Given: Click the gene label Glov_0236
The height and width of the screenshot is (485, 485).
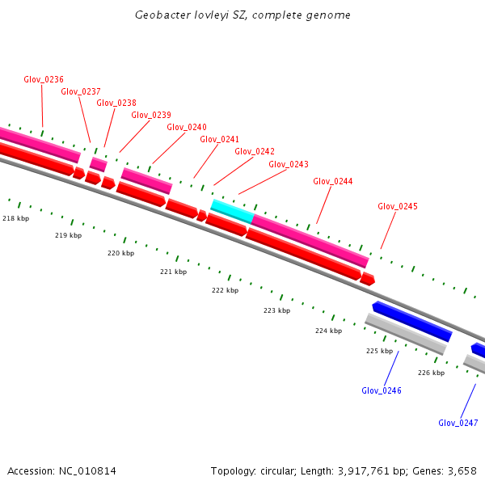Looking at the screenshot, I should [x=44, y=79].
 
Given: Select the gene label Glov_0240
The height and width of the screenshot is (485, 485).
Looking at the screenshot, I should [x=187, y=127].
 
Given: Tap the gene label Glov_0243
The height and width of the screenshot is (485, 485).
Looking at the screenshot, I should [x=289, y=164].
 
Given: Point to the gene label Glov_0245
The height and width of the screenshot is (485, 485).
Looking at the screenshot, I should [x=398, y=206].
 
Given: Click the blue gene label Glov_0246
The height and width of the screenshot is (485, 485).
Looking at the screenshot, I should [x=382, y=390].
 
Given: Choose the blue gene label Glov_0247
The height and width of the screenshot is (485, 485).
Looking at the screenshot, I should [x=458, y=423].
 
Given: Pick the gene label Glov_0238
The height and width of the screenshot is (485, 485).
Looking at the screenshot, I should [x=116, y=103].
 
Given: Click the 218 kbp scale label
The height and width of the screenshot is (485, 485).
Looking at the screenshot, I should [x=15, y=218].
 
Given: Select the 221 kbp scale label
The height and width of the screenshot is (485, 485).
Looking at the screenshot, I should [x=173, y=272].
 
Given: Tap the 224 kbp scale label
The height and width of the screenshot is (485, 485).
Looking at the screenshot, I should [x=328, y=331].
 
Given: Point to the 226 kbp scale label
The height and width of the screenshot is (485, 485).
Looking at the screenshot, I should [x=431, y=373].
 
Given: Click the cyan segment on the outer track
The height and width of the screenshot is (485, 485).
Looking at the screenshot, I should [x=232, y=211].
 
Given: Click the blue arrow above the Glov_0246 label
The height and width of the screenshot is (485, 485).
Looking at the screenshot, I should [x=411, y=320].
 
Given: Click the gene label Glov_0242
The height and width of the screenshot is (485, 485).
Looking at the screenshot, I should [x=255, y=151].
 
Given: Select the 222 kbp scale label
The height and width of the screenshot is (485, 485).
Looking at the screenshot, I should [x=225, y=290].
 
